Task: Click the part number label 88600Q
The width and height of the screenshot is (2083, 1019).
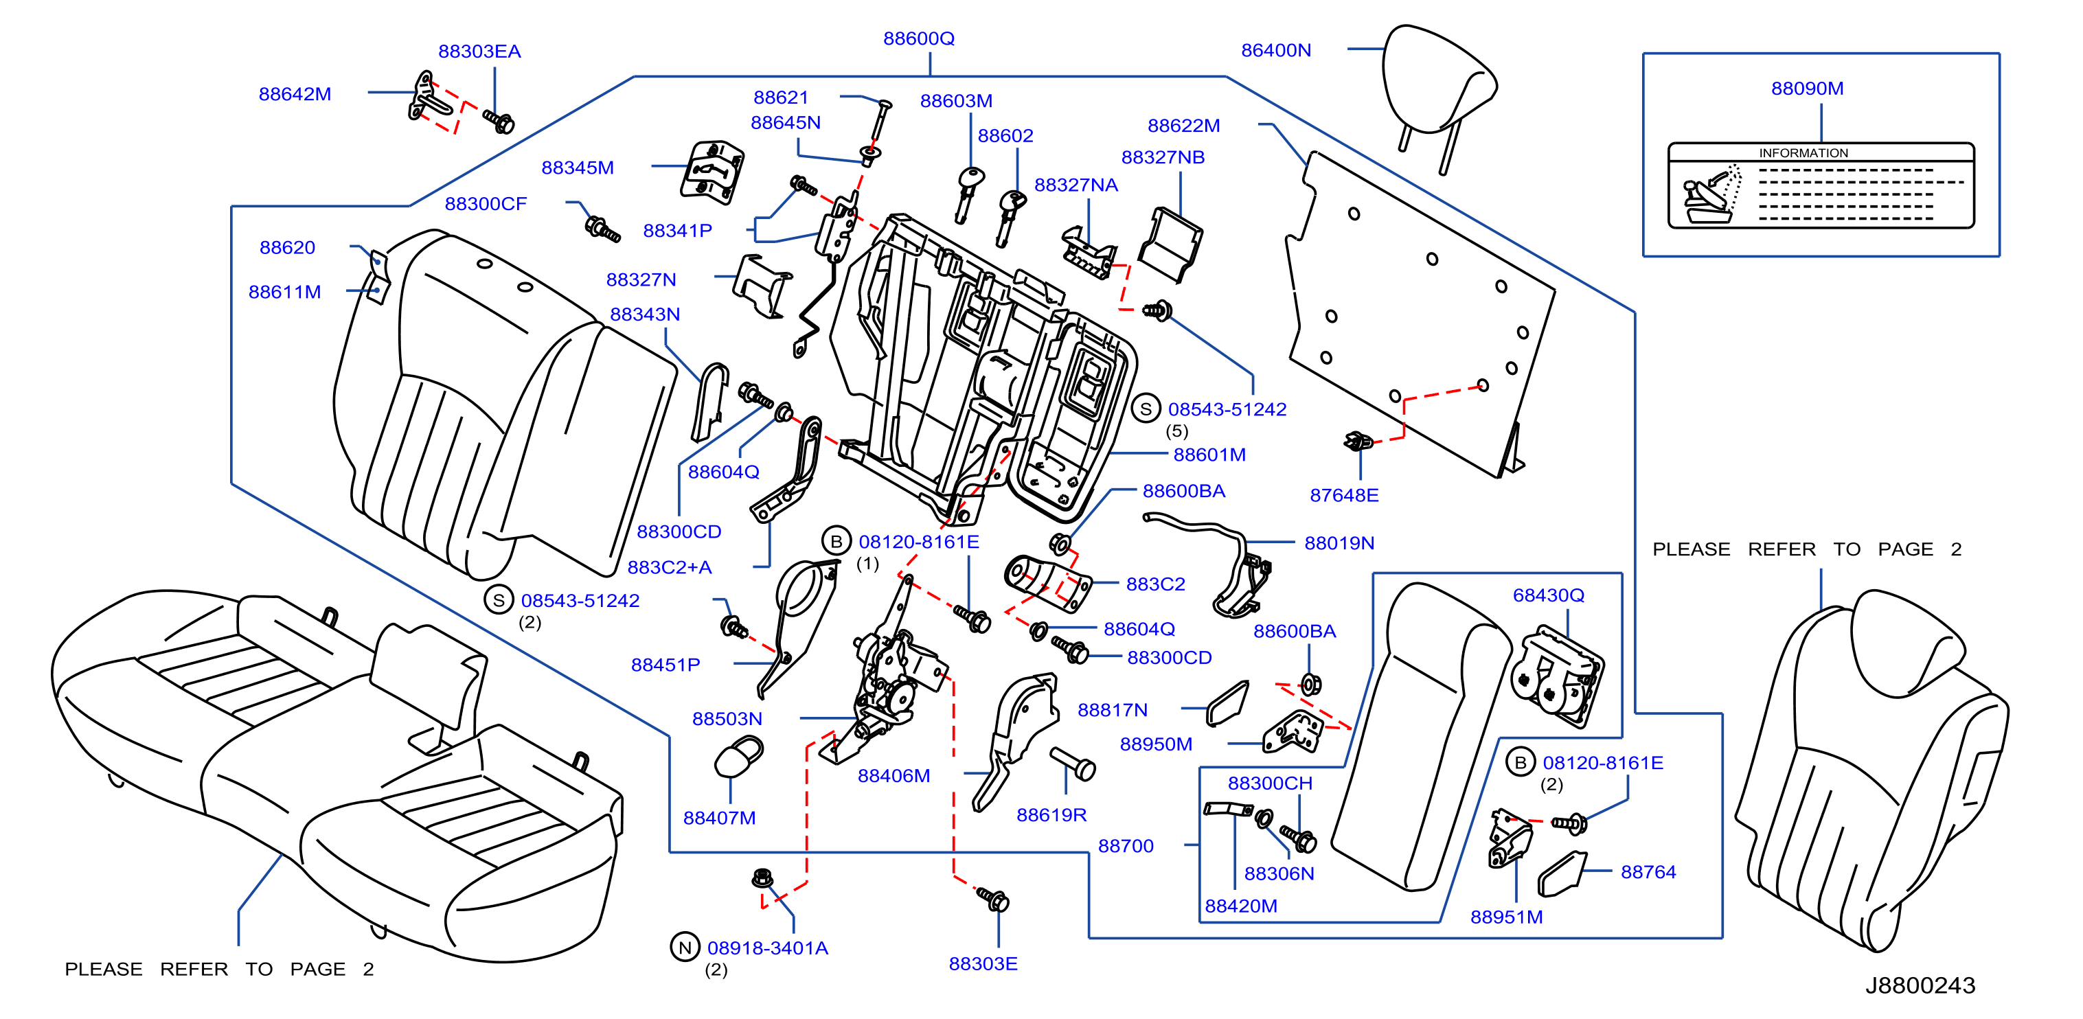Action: (x=919, y=38)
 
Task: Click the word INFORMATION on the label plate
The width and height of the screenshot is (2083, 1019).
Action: (x=1803, y=153)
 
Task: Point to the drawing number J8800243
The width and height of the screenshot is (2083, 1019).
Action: (x=1920, y=985)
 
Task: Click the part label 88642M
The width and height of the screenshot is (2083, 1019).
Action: (x=295, y=94)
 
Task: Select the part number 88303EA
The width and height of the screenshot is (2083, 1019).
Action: (x=479, y=51)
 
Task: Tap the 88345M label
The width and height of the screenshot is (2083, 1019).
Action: (x=578, y=168)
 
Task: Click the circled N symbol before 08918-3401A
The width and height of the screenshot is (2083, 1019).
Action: (x=685, y=947)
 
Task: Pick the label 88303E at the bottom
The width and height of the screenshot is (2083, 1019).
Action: (x=983, y=963)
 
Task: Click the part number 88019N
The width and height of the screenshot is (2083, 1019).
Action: (x=1339, y=542)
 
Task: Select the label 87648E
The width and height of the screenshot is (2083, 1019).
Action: (x=1344, y=495)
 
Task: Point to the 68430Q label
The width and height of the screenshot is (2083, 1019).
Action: (x=1549, y=595)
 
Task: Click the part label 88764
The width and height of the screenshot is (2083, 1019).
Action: (x=1648, y=872)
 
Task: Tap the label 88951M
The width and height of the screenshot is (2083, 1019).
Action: (x=1507, y=917)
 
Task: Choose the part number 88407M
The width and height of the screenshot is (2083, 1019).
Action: (x=720, y=818)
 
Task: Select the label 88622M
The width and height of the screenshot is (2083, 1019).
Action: (x=1184, y=126)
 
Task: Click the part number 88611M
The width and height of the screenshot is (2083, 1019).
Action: (x=284, y=292)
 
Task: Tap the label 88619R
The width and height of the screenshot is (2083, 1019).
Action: (x=1051, y=815)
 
